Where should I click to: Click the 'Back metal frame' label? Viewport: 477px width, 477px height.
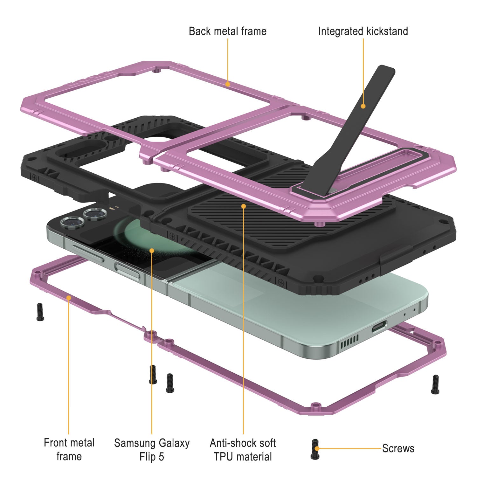(227, 31)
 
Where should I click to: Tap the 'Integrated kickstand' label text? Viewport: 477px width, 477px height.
(363, 31)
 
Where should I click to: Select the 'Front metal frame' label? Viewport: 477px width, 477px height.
(69, 449)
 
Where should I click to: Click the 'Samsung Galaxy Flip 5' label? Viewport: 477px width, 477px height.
(152, 450)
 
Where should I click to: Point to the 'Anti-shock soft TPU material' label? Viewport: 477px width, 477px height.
(243, 450)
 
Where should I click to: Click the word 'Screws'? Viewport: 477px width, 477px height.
(398, 448)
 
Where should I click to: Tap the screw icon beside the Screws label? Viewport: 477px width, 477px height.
(315, 449)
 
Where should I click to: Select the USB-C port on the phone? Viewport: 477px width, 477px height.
(379, 326)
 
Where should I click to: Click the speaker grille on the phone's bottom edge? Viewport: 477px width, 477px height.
(349, 342)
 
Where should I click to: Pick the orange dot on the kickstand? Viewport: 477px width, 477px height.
(363, 106)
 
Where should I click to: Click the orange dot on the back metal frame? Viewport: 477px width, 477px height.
(227, 84)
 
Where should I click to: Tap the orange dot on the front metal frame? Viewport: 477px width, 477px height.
(68, 297)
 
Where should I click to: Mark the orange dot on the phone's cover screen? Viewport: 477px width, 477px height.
(152, 251)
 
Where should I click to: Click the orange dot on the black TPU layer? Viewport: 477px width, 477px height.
(243, 206)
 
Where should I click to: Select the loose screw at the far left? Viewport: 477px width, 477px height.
(40, 312)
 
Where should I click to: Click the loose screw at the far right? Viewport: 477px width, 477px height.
(435, 384)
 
